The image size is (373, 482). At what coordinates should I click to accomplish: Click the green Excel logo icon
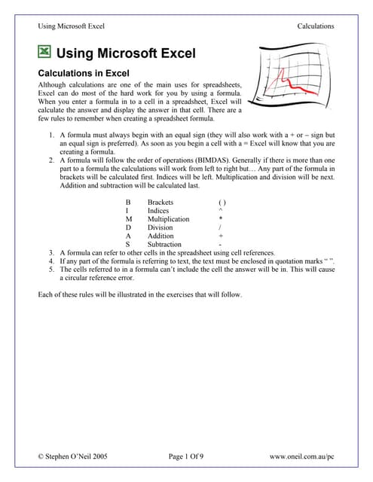[44, 52]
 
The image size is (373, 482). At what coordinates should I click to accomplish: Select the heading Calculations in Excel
[84, 73]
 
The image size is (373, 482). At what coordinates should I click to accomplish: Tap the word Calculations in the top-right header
[316, 26]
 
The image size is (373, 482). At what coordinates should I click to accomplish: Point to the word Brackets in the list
[161, 203]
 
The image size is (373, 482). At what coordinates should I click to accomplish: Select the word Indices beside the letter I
[158, 211]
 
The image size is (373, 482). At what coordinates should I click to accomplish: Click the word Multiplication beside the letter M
[169, 219]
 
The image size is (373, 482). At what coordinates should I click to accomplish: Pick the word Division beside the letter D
[160, 227]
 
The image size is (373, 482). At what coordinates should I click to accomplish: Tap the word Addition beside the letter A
[161, 236]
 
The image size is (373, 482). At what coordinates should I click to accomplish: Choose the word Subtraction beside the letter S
[164, 244]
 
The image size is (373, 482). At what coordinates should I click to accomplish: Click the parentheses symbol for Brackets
[222, 203]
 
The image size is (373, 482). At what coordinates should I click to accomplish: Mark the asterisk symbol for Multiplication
[221, 218]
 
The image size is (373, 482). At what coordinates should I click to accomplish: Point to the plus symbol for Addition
[221, 236]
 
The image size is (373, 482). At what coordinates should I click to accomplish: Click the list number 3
[51, 253]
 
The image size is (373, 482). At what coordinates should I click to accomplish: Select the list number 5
[51, 270]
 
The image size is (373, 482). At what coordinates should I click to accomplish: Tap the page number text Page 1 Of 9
[186, 456]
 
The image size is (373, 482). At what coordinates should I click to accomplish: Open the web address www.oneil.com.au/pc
[302, 457]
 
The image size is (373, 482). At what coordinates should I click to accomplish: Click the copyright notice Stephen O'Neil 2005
[73, 456]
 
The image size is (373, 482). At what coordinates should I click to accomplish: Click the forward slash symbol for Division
[220, 227]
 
